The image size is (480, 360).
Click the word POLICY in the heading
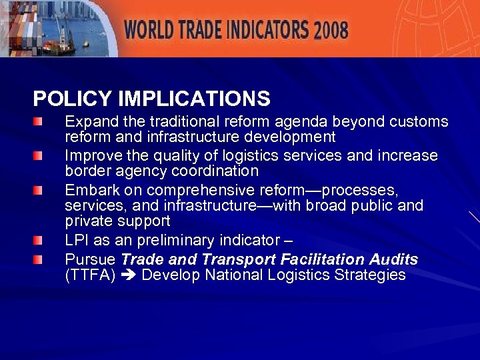point(73,99)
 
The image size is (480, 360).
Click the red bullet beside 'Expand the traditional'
point(40,123)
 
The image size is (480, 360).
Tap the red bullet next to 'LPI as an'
point(40,240)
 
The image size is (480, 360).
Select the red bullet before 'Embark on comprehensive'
point(40,190)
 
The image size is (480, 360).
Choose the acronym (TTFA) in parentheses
point(89,275)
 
